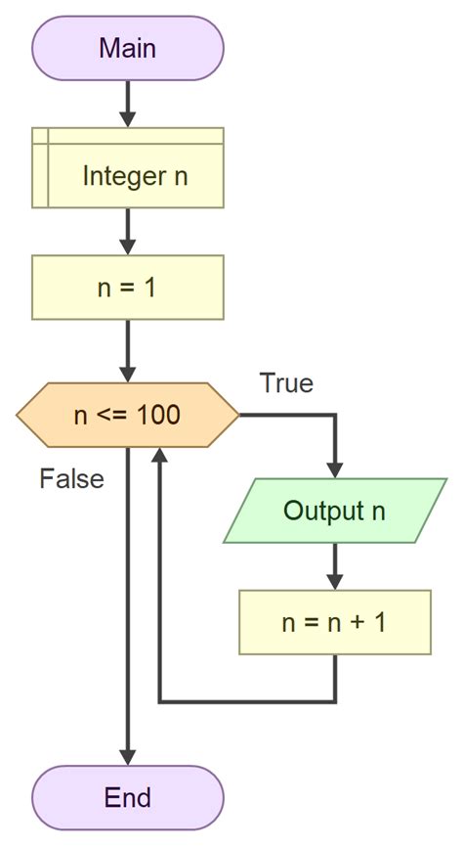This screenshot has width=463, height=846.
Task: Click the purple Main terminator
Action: point(128,48)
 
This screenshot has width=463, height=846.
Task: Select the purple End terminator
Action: point(128,797)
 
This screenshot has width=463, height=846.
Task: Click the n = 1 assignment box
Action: point(128,288)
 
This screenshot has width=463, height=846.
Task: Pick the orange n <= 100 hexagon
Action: point(128,415)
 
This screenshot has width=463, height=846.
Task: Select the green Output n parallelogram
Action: point(334,511)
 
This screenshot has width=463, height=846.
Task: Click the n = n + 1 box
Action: point(334,622)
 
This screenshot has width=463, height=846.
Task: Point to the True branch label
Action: point(286,383)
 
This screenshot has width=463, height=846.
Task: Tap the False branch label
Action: point(71,479)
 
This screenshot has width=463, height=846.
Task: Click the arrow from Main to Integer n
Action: point(128,103)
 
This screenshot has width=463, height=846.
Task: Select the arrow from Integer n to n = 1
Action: point(128,231)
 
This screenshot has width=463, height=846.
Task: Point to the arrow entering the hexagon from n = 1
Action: point(128,350)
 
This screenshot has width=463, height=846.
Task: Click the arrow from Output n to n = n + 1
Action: point(334,566)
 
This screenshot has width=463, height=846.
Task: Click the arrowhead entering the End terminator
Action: point(128,756)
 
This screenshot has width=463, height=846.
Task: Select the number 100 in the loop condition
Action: point(158,415)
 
